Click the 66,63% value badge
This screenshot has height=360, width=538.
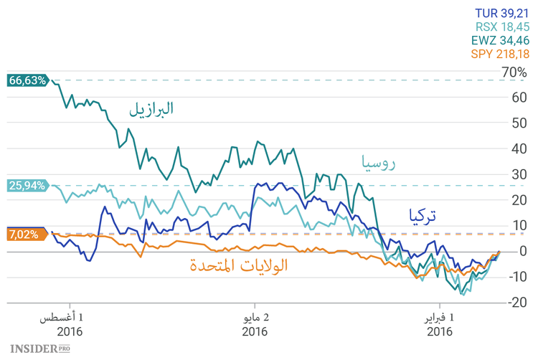(27, 80)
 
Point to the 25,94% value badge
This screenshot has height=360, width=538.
(27, 186)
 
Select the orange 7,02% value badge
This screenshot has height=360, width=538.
(24, 234)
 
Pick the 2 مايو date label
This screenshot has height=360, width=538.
(255, 317)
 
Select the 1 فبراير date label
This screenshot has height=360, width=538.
(439, 317)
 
